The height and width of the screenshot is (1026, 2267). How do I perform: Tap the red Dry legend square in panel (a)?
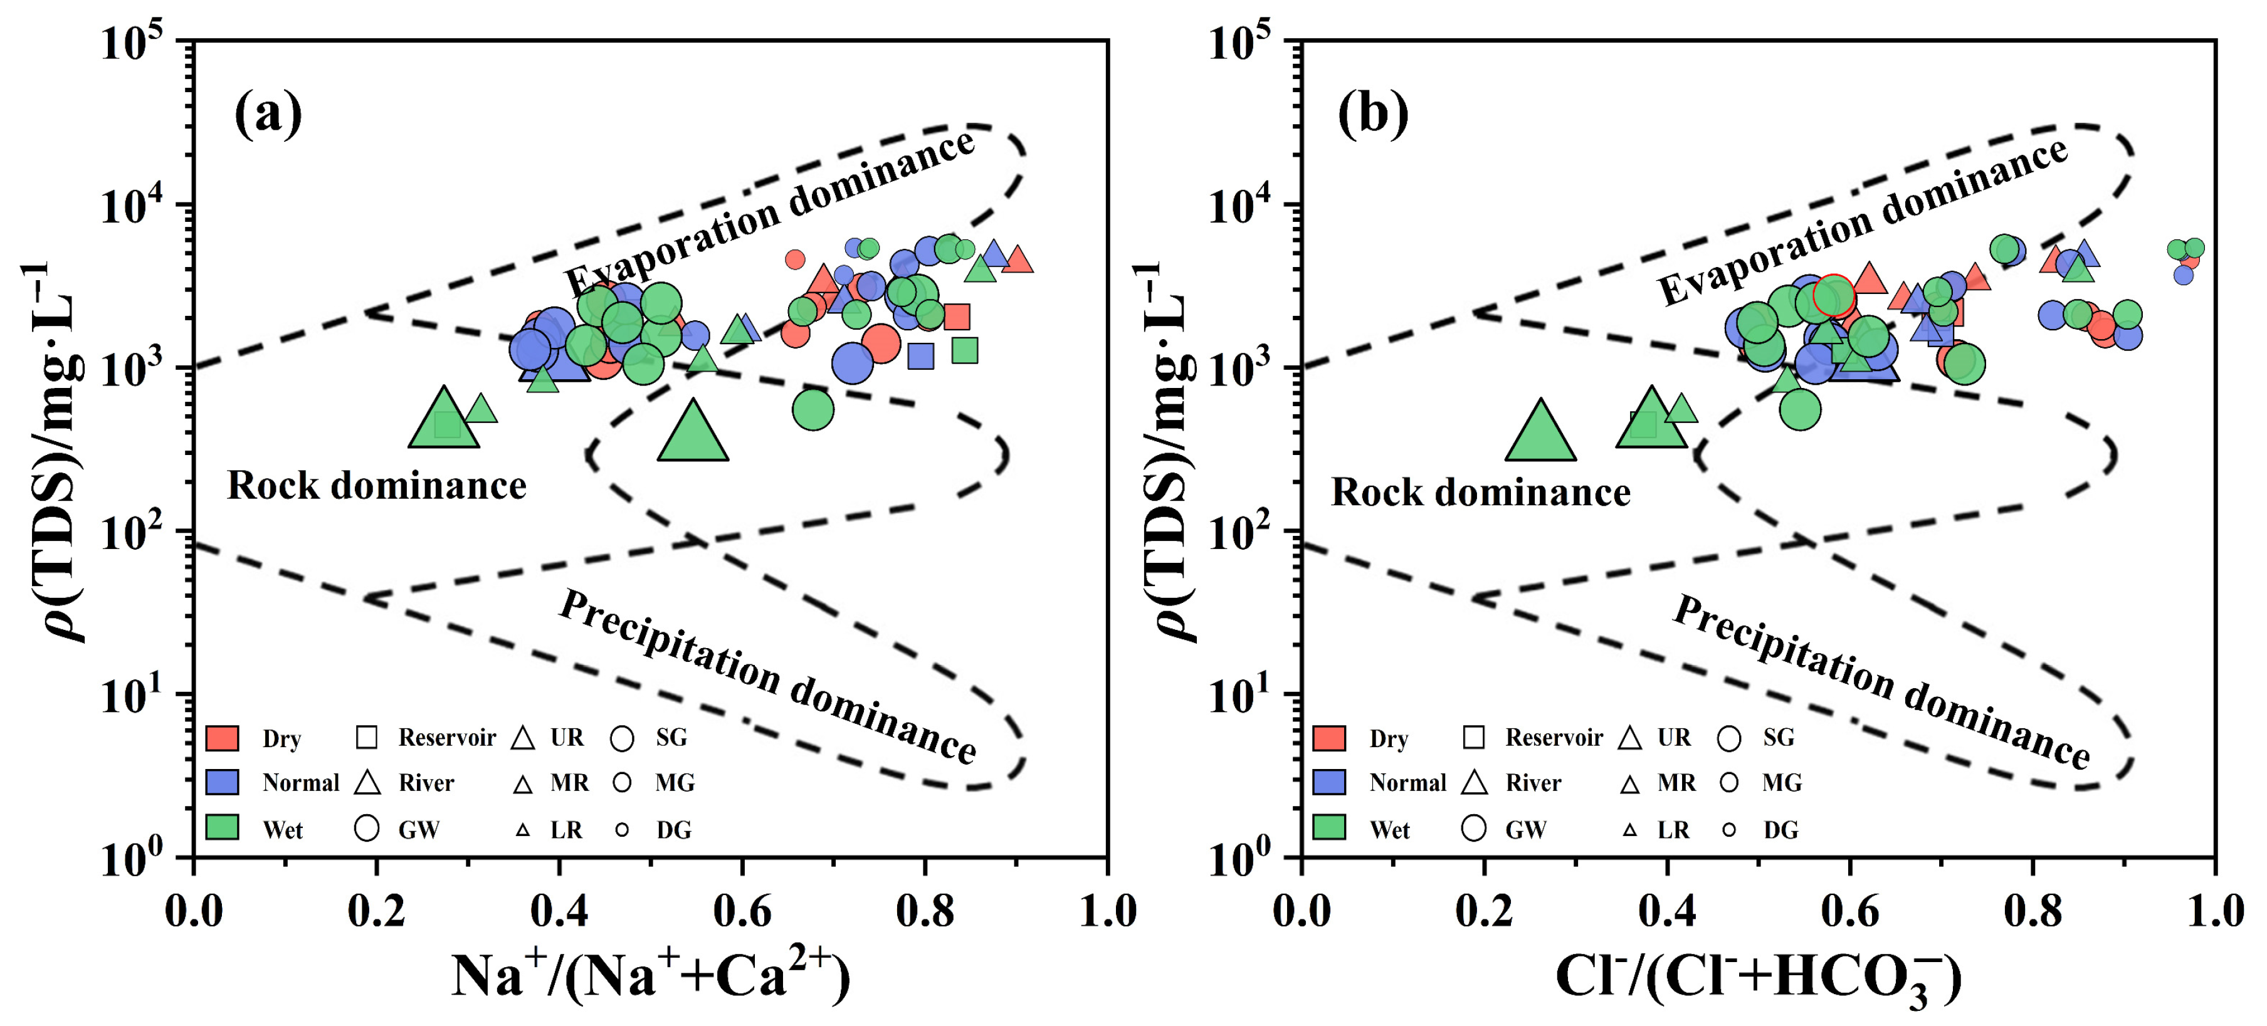point(222,738)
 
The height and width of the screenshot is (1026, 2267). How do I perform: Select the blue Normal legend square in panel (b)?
point(1329,782)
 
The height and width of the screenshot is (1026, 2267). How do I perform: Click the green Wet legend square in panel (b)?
point(1329,828)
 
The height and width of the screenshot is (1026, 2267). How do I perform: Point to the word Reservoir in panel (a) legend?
point(447,738)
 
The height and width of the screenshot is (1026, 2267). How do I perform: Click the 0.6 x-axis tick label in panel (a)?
point(741,911)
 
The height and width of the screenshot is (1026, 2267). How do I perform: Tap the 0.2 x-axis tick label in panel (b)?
point(1484,911)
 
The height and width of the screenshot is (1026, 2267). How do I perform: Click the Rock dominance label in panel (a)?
point(377,486)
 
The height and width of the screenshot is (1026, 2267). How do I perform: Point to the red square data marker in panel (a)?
point(957,317)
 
